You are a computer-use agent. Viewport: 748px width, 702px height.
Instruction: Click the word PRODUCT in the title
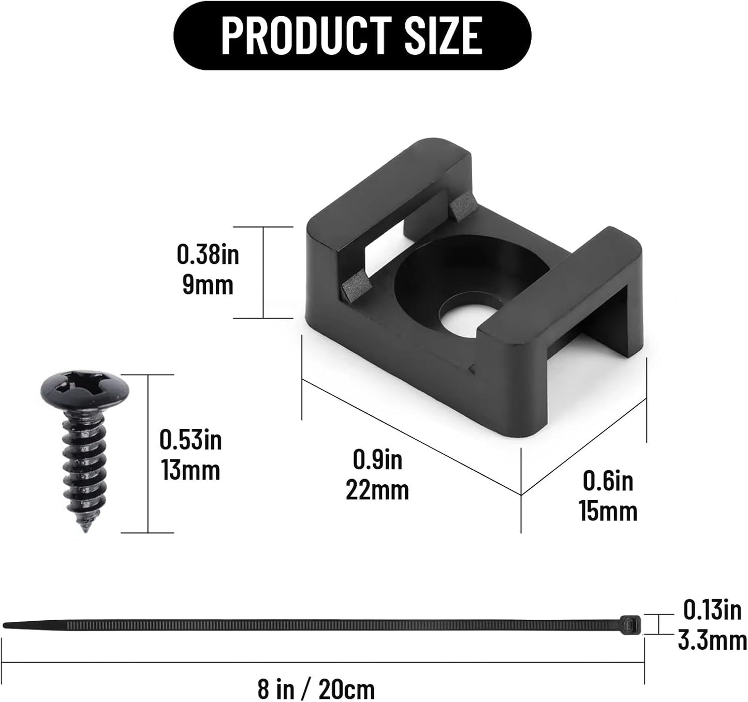[x=306, y=35]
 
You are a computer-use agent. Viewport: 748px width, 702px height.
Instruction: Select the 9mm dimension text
[x=208, y=285]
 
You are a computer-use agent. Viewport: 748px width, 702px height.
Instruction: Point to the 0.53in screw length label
[x=190, y=440]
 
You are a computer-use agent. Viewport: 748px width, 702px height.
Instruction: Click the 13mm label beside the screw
[x=190, y=471]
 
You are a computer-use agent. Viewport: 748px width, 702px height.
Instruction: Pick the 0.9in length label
[x=377, y=459]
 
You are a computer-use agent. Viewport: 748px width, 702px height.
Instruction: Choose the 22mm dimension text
[x=377, y=490]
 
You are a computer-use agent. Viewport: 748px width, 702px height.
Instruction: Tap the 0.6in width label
[x=608, y=481]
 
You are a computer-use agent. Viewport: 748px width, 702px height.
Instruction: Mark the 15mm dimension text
[x=608, y=512]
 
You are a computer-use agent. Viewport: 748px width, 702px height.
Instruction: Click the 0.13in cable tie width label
[x=712, y=610]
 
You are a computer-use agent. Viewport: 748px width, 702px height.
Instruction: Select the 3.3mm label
[x=712, y=641]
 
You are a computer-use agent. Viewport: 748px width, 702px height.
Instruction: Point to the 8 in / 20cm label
[x=316, y=689]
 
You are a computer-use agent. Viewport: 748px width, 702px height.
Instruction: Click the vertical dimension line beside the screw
[x=148, y=453]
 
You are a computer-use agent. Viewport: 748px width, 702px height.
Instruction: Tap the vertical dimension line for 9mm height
[x=263, y=273]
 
